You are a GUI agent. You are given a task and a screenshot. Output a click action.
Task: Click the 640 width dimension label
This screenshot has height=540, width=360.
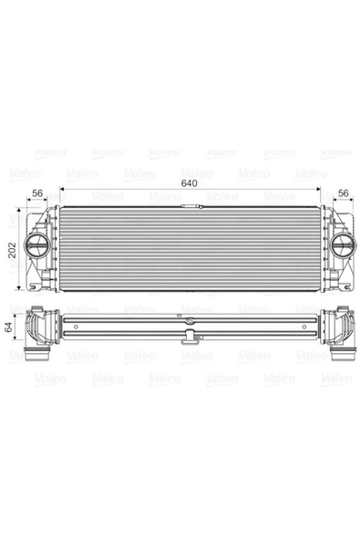[x=189, y=183]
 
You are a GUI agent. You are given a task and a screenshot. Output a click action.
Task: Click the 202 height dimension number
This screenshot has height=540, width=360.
[x=12, y=250]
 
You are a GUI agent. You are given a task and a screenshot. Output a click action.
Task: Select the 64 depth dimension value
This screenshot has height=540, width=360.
[x=8, y=327]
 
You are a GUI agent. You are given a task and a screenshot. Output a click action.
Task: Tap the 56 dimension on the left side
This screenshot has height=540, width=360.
[x=37, y=193]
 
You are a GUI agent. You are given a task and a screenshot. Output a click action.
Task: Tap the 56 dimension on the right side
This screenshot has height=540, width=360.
[x=343, y=193]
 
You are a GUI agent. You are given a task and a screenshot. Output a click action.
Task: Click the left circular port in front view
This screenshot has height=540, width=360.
[x=36, y=244]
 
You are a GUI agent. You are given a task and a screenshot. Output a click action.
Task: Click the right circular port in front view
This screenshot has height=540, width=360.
[x=343, y=244]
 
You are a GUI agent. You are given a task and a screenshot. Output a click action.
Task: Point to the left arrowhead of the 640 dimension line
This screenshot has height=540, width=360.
[x=62, y=189]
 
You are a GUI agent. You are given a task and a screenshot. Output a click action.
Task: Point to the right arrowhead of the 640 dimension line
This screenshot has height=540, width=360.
[x=318, y=189]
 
